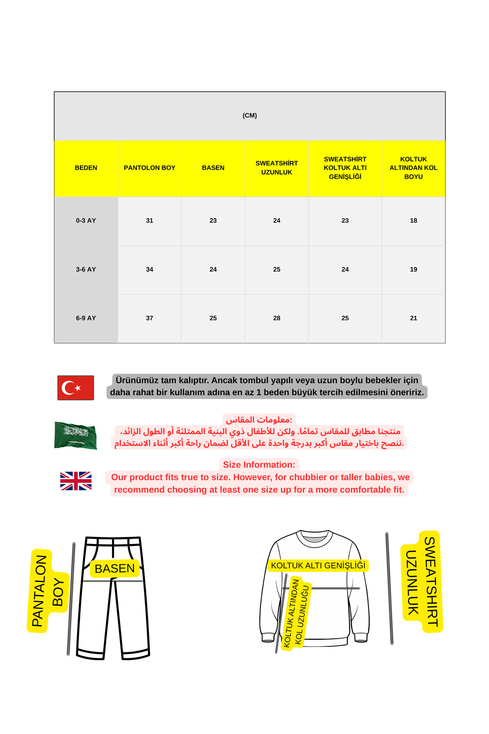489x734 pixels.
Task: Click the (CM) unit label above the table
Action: (x=249, y=115)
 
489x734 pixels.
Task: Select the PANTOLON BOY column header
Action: (x=150, y=168)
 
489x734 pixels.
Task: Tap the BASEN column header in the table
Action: (x=213, y=168)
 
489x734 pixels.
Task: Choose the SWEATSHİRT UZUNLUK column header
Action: (x=277, y=168)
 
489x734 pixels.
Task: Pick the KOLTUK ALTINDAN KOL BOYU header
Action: (x=413, y=168)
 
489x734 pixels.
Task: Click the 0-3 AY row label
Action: (x=86, y=221)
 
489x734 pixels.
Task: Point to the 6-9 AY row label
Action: (x=86, y=318)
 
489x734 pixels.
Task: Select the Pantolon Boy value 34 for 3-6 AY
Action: (x=150, y=270)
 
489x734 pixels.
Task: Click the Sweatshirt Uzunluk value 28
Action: (x=277, y=318)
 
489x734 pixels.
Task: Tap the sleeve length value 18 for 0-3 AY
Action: (x=413, y=221)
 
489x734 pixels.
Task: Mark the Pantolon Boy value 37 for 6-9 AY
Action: (x=150, y=318)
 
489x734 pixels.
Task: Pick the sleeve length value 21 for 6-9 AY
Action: (x=413, y=318)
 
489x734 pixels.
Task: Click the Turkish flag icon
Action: (x=76, y=388)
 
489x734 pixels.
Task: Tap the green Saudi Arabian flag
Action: (x=76, y=436)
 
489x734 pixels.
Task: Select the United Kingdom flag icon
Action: (x=76, y=481)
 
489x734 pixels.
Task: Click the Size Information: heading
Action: (x=259, y=465)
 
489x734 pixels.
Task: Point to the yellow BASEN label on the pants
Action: (x=115, y=568)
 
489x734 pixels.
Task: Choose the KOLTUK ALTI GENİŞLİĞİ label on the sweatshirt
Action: (x=318, y=566)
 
